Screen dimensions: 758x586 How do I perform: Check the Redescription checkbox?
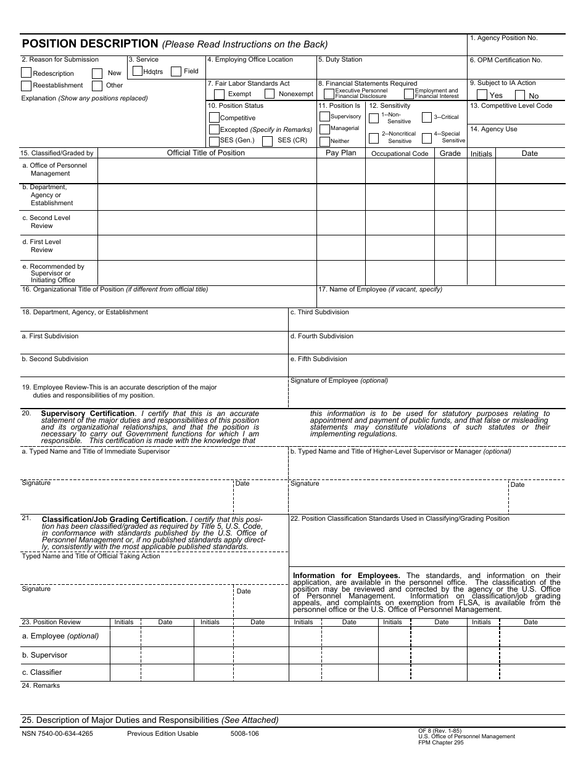26,72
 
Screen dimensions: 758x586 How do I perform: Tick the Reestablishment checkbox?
26,86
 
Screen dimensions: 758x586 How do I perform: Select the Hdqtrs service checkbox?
138,71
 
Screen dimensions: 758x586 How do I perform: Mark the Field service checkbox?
176,71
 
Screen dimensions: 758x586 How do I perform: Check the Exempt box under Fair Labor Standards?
219,94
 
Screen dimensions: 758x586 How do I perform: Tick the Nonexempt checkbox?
270,94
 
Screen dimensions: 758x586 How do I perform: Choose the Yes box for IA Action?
482,95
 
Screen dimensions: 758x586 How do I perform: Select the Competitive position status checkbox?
214,118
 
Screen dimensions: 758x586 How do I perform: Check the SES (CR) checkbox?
267,141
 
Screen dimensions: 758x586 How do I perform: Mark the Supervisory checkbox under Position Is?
324,116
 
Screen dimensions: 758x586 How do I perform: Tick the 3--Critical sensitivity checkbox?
427,117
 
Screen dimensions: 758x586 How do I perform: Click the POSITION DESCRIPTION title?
90,44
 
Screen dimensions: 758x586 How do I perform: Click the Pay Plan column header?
340,153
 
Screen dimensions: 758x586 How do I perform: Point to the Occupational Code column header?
400,153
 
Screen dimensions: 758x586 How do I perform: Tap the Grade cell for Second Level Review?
450,222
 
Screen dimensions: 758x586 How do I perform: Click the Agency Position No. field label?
503,38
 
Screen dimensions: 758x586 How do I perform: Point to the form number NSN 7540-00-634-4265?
57,734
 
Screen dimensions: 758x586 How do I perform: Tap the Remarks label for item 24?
41,686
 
